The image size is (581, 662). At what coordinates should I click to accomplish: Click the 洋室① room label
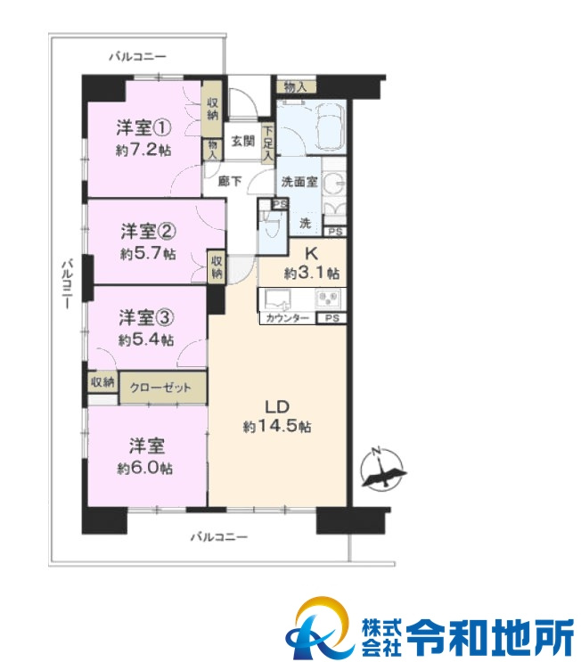(x=143, y=127)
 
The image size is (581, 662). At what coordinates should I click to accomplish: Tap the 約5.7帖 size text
(x=148, y=253)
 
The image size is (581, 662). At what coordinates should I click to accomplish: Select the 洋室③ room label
(x=146, y=317)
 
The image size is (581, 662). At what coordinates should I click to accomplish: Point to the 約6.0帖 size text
(x=144, y=468)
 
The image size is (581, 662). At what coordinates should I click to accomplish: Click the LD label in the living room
(x=277, y=407)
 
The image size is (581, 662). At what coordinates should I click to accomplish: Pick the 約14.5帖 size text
(x=277, y=427)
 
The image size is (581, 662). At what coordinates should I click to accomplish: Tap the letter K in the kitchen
(x=312, y=254)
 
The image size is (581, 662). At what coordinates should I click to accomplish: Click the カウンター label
(x=287, y=318)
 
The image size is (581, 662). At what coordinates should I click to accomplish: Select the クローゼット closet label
(x=160, y=388)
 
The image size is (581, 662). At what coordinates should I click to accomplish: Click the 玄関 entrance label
(x=243, y=141)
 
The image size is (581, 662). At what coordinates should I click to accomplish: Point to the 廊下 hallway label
(x=230, y=181)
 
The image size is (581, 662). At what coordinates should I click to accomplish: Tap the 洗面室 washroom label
(x=299, y=182)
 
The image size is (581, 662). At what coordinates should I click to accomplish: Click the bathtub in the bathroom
(x=329, y=127)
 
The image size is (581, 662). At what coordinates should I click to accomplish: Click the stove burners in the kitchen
(x=328, y=298)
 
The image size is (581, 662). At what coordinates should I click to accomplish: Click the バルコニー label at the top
(x=138, y=56)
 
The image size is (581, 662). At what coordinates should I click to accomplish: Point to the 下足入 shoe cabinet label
(x=268, y=143)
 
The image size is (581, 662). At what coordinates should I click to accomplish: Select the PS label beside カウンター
(x=331, y=318)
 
